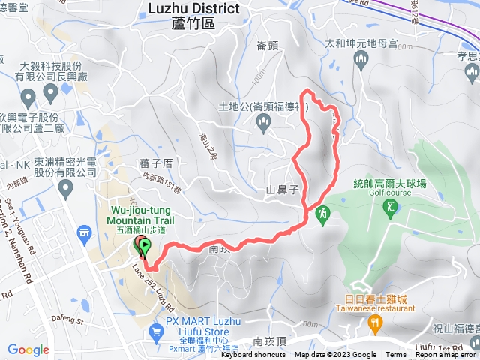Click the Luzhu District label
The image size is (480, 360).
(194, 9)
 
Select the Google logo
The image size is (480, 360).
(28, 349)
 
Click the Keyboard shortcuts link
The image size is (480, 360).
(253, 355)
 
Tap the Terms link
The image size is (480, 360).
(396, 355)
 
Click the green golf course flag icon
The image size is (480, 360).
(391, 211)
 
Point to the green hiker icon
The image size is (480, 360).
(323, 214)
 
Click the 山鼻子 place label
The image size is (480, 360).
(283, 190)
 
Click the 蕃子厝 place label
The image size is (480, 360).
(156, 162)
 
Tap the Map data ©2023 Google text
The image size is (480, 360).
(335, 355)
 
